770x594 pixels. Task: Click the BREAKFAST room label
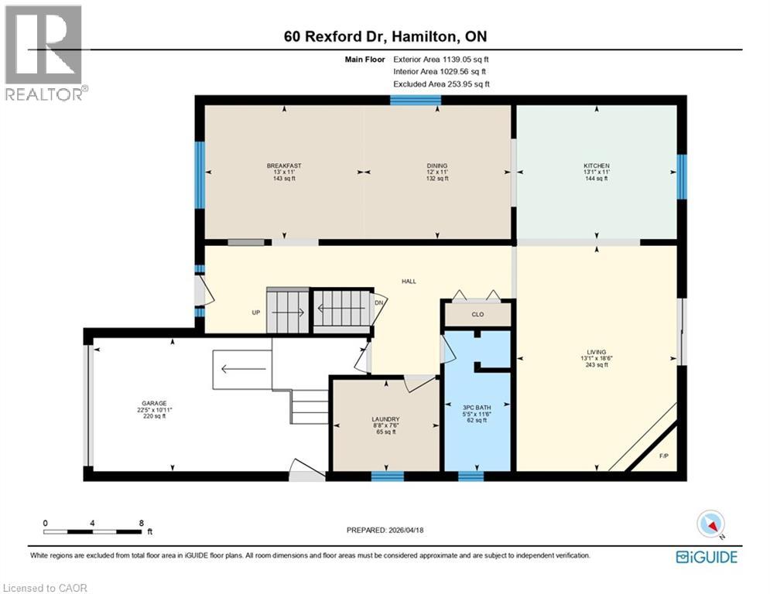pos(283,166)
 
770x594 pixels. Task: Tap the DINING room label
pos(436,166)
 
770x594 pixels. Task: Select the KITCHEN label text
pos(596,166)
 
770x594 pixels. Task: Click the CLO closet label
pos(477,315)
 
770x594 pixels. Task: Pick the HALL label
pos(409,281)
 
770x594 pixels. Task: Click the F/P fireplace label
pos(663,456)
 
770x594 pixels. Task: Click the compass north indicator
pos(710,524)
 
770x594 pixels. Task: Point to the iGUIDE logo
pos(706,556)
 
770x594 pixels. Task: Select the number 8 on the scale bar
pos(141,523)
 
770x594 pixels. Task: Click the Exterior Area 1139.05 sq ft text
pos(441,59)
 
